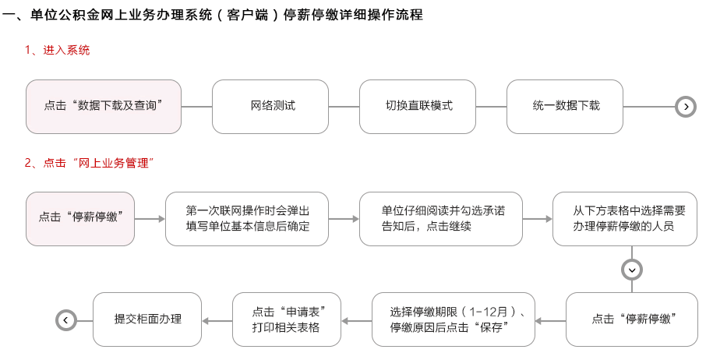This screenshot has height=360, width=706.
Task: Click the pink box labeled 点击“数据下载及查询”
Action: click(x=104, y=107)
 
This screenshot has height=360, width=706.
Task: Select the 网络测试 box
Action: click(x=270, y=107)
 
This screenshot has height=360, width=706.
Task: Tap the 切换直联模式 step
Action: click(x=418, y=107)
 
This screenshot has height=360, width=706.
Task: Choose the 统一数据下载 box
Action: click(x=565, y=107)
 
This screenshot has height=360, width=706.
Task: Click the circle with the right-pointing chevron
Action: click(x=686, y=107)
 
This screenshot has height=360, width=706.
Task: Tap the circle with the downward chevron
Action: click(x=632, y=270)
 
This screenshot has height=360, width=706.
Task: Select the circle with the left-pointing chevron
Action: click(x=65, y=320)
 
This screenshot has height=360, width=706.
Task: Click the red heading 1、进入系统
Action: click(x=57, y=50)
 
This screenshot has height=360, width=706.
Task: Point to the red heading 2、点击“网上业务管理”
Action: click(x=89, y=163)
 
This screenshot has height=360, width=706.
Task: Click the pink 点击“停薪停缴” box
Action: click(x=80, y=219)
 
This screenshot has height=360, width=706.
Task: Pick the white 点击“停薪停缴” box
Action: click(x=632, y=319)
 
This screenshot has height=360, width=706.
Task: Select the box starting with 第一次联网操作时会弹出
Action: click(x=247, y=219)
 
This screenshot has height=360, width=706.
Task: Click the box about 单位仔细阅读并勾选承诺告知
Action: click(x=441, y=219)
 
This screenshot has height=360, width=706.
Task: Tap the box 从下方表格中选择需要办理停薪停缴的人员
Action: click(x=625, y=219)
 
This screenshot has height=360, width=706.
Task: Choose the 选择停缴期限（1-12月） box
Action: click(x=454, y=319)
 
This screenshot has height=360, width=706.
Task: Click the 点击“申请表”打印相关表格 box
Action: click(x=287, y=319)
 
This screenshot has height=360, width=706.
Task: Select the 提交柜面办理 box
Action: click(x=147, y=319)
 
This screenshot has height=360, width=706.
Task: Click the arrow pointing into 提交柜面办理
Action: click(x=217, y=321)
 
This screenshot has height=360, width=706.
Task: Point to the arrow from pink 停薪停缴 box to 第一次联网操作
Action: click(x=150, y=219)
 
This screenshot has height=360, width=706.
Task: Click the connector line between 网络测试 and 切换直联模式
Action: click(x=344, y=107)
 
